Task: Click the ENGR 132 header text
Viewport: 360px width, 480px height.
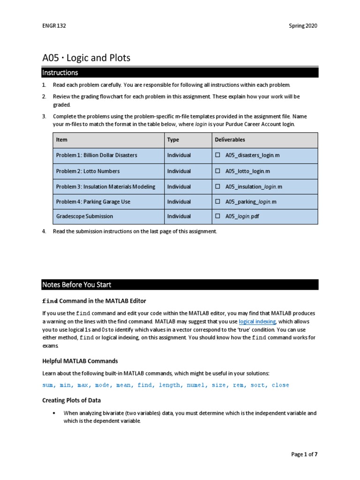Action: [54, 26]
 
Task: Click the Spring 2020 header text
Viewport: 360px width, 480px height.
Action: [303, 26]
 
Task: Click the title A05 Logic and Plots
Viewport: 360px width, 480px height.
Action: [86, 58]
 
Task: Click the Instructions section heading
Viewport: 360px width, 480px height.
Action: [60, 73]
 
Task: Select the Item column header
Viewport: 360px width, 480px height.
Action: [62, 140]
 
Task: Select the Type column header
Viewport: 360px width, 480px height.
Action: [173, 140]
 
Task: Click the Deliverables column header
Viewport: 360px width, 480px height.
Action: [230, 140]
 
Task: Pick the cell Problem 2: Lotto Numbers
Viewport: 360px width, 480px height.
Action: [88, 171]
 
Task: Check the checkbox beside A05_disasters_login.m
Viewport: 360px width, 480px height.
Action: [217, 155]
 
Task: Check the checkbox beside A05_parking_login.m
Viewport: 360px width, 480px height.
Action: [217, 202]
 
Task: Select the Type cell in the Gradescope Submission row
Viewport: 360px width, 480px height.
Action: [179, 217]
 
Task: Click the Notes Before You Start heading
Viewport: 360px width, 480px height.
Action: [76, 285]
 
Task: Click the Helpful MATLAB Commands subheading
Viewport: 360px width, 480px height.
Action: [80, 361]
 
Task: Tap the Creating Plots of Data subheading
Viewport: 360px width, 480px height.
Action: [71, 400]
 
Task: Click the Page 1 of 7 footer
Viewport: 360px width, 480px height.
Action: [304, 454]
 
